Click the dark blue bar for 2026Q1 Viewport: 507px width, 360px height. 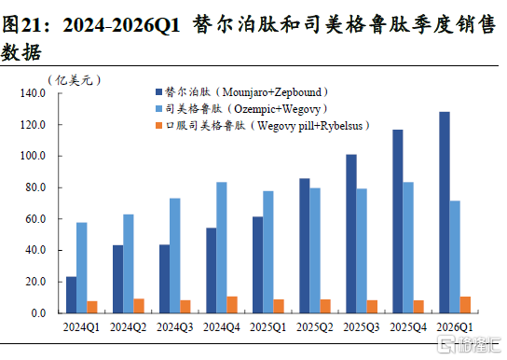point(445,213)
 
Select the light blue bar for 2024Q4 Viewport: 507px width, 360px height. point(222,247)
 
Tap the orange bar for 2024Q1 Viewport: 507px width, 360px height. point(92,307)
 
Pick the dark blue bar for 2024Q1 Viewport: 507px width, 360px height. point(72,295)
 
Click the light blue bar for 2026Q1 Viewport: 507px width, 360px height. point(455,256)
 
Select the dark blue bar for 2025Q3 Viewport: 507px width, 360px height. point(351,234)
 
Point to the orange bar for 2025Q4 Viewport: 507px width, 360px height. point(418,307)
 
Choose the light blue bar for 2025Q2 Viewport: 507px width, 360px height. point(315,251)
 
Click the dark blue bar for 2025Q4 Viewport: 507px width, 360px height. point(398,221)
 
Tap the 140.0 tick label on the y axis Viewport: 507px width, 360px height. point(33,93)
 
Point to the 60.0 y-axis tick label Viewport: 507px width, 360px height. point(35,219)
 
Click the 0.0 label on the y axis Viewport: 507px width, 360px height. point(38,313)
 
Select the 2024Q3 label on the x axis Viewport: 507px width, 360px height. point(174,327)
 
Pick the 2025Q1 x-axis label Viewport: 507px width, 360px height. point(268,327)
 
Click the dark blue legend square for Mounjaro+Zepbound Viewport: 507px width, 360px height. point(158,91)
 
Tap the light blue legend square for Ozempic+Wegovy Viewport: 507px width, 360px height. point(158,109)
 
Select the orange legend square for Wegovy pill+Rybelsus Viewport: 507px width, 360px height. point(158,126)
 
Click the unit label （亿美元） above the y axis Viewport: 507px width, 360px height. point(74,80)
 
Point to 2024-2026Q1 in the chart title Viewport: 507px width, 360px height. point(121,25)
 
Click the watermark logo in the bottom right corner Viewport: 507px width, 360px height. point(469,344)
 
